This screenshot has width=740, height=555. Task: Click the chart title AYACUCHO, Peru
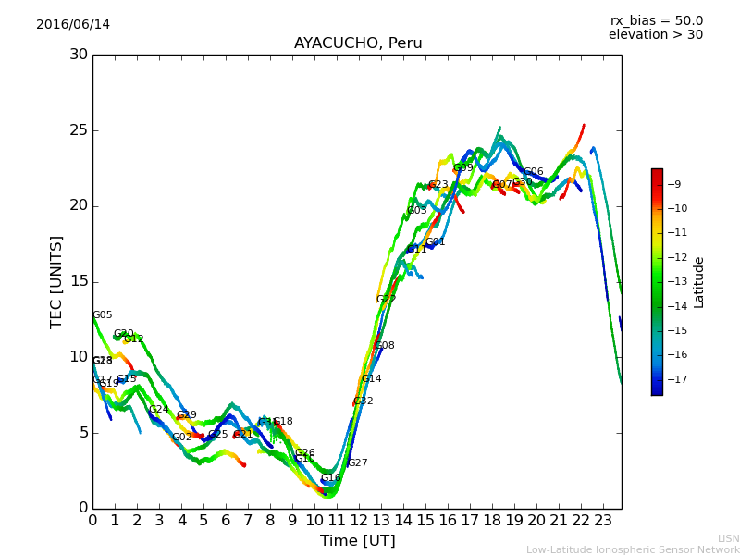(358, 43)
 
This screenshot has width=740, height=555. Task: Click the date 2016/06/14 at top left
(73, 25)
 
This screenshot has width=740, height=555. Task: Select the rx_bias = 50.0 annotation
(656, 20)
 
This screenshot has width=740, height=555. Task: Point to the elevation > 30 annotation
(655, 35)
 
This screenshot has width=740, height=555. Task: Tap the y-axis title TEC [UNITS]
(57, 281)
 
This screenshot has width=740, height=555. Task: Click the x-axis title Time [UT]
(357, 541)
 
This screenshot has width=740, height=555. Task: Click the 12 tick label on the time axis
(359, 521)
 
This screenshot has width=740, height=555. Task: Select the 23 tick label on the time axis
(603, 521)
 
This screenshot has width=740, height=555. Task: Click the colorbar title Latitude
(699, 282)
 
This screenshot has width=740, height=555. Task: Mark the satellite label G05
(103, 315)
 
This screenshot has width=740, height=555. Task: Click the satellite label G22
(387, 300)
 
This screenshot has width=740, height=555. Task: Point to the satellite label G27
(357, 463)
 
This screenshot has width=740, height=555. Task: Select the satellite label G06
(534, 172)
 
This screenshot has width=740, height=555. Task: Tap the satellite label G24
(159, 410)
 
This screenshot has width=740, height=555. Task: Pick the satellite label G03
(417, 211)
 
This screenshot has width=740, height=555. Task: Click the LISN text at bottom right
(728, 538)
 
